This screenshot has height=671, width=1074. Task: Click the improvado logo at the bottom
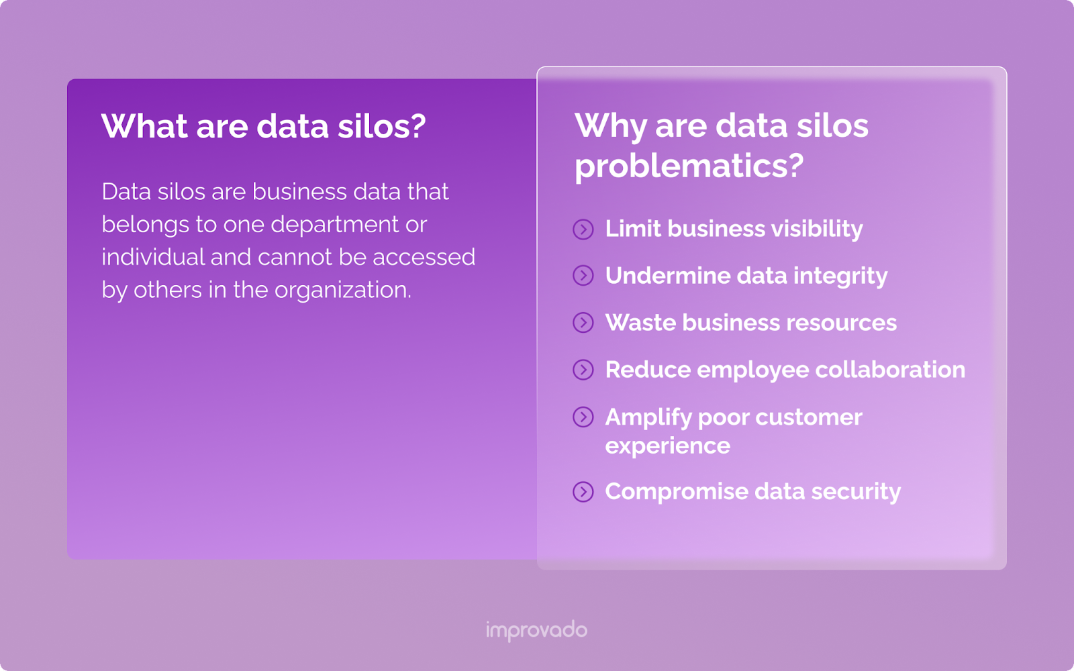(536, 630)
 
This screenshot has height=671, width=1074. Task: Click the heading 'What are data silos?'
(263, 125)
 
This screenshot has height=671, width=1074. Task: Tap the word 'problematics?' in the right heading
(689, 165)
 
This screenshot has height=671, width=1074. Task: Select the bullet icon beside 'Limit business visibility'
(583, 229)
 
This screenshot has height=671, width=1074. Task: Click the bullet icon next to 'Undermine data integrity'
(583, 276)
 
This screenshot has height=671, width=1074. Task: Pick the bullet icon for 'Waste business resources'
(583, 323)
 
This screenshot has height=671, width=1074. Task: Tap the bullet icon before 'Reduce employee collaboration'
(583, 370)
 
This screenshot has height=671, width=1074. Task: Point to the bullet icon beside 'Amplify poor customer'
(583, 417)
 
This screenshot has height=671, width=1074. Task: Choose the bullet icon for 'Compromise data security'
(583, 492)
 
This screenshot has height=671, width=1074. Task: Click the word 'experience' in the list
(667, 446)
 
